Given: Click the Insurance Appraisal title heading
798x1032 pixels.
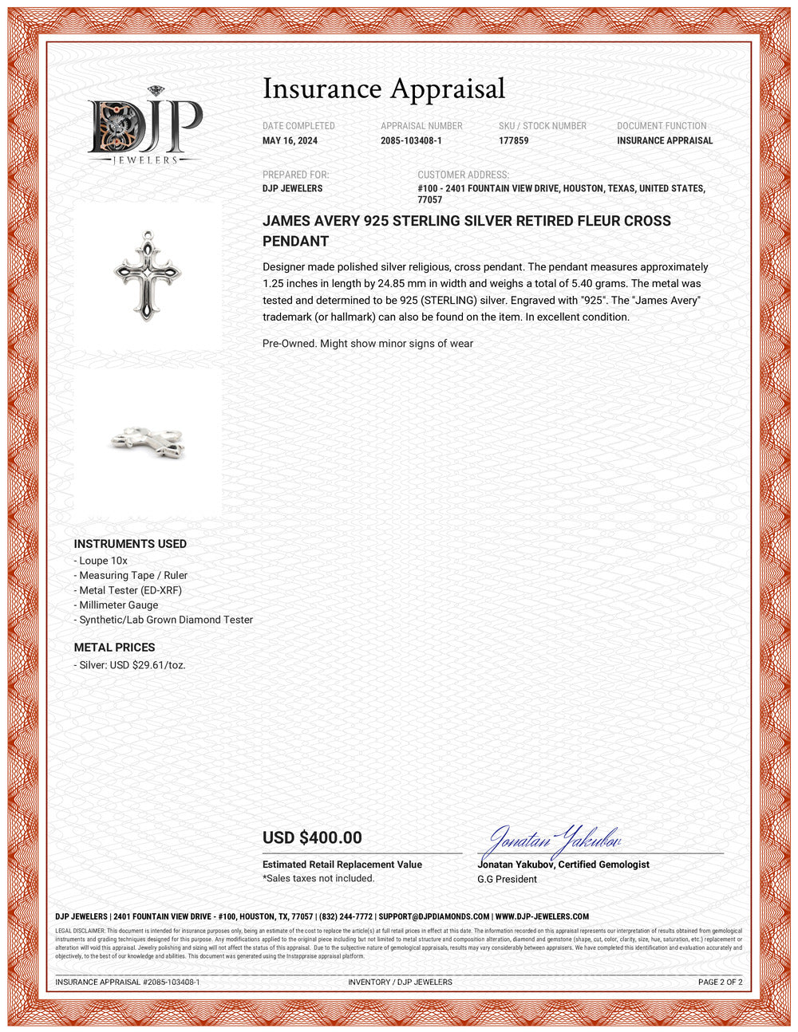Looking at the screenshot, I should point(384,89).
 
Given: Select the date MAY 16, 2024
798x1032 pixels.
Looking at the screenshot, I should point(290,141).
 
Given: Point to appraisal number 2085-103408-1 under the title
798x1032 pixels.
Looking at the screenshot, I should point(411,141).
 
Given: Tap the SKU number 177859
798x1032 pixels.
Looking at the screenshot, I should point(513,141).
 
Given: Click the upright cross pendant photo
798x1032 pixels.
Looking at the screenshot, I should point(148,276).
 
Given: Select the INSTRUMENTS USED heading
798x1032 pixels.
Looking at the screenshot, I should point(130,544).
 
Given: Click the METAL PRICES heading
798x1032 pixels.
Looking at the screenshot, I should point(114,648).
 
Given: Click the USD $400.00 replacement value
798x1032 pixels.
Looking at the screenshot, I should point(312,837).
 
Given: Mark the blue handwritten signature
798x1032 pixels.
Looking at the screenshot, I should point(554,839).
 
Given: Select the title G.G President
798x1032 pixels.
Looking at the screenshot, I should point(507,879).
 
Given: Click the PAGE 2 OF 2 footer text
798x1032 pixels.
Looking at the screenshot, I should point(720,982).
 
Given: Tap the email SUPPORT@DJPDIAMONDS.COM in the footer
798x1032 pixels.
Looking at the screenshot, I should point(433,917).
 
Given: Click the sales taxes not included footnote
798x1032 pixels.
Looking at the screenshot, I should point(318,878).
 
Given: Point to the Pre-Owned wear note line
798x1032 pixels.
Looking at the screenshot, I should point(368,344).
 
